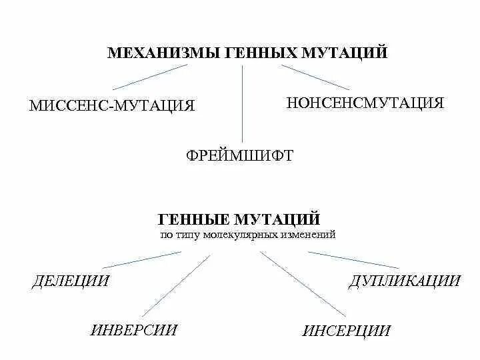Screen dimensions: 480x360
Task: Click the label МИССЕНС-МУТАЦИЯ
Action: pos(112,106)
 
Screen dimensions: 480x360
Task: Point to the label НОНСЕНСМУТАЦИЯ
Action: pos(365,103)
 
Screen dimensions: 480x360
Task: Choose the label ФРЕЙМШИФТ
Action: pos(239,155)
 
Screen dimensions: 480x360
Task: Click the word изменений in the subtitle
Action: pos(309,235)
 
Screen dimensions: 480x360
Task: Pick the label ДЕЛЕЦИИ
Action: pos(70,281)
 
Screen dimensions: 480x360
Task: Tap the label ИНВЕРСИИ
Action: pos(134,329)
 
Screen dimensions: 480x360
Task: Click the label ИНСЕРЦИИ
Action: pos(346,331)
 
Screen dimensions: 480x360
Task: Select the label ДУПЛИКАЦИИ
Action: pos(404,281)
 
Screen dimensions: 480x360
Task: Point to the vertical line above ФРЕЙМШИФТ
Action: pos(241,100)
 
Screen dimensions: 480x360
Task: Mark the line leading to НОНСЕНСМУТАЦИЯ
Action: pos(315,77)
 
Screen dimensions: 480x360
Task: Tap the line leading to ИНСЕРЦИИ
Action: pos(303,284)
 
